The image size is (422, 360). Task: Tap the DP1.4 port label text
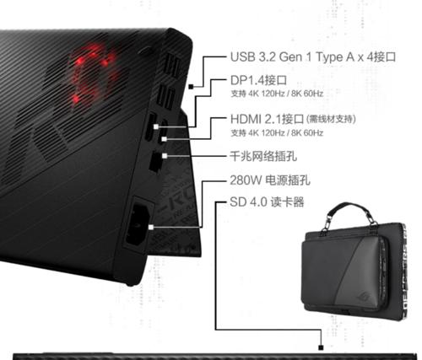point(258,81)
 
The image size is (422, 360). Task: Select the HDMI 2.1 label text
point(267,119)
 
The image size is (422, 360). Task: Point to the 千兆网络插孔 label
point(263,156)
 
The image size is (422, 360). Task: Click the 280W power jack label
point(270,180)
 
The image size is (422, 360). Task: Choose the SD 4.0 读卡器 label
point(267,202)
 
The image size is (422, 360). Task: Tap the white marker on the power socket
point(151,227)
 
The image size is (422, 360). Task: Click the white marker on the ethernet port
point(165,156)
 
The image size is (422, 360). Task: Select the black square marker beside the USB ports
point(191,87)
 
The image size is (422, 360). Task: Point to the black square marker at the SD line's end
point(321,347)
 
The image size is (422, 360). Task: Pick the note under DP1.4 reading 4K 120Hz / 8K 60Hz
point(277,94)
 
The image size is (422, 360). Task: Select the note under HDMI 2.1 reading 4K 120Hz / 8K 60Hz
point(277,132)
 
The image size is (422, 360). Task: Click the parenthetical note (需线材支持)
point(331,119)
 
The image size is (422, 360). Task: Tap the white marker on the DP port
point(156,126)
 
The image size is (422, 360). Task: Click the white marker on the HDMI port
point(165,139)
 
